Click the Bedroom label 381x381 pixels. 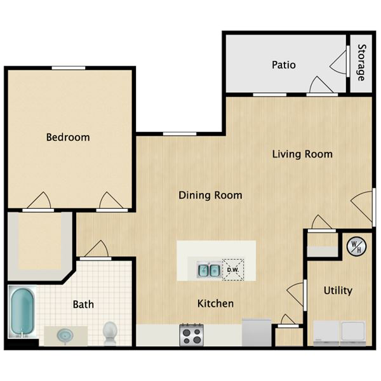(x=68, y=137)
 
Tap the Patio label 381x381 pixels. (x=284, y=65)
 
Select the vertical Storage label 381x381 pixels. (x=361, y=62)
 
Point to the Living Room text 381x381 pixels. (x=302, y=154)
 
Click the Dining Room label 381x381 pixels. (x=210, y=195)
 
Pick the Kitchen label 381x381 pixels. (x=215, y=304)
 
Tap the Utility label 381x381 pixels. (x=338, y=291)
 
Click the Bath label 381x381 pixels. (x=83, y=304)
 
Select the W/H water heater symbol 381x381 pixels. (x=356, y=246)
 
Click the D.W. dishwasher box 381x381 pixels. (x=233, y=270)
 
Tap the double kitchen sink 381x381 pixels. (x=209, y=270)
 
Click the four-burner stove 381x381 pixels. (x=192, y=335)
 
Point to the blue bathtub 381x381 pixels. (x=22, y=312)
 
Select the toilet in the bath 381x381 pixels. (x=110, y=333)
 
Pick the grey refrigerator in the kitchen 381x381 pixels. (x=257, y=332)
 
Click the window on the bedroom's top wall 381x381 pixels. (x=69, y=68)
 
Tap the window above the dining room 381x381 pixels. (x=180, y=134)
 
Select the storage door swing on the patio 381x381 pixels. (x=338, y=62)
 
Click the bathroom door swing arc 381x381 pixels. (x=97, y=248)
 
